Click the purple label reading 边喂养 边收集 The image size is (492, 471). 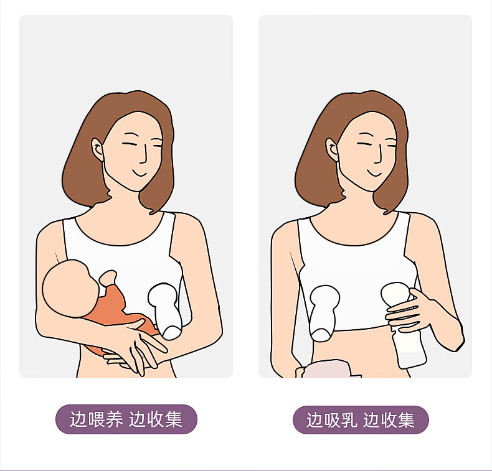(126, 419)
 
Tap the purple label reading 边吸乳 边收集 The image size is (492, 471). (361, 421)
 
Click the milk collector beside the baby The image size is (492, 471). (166, 310)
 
